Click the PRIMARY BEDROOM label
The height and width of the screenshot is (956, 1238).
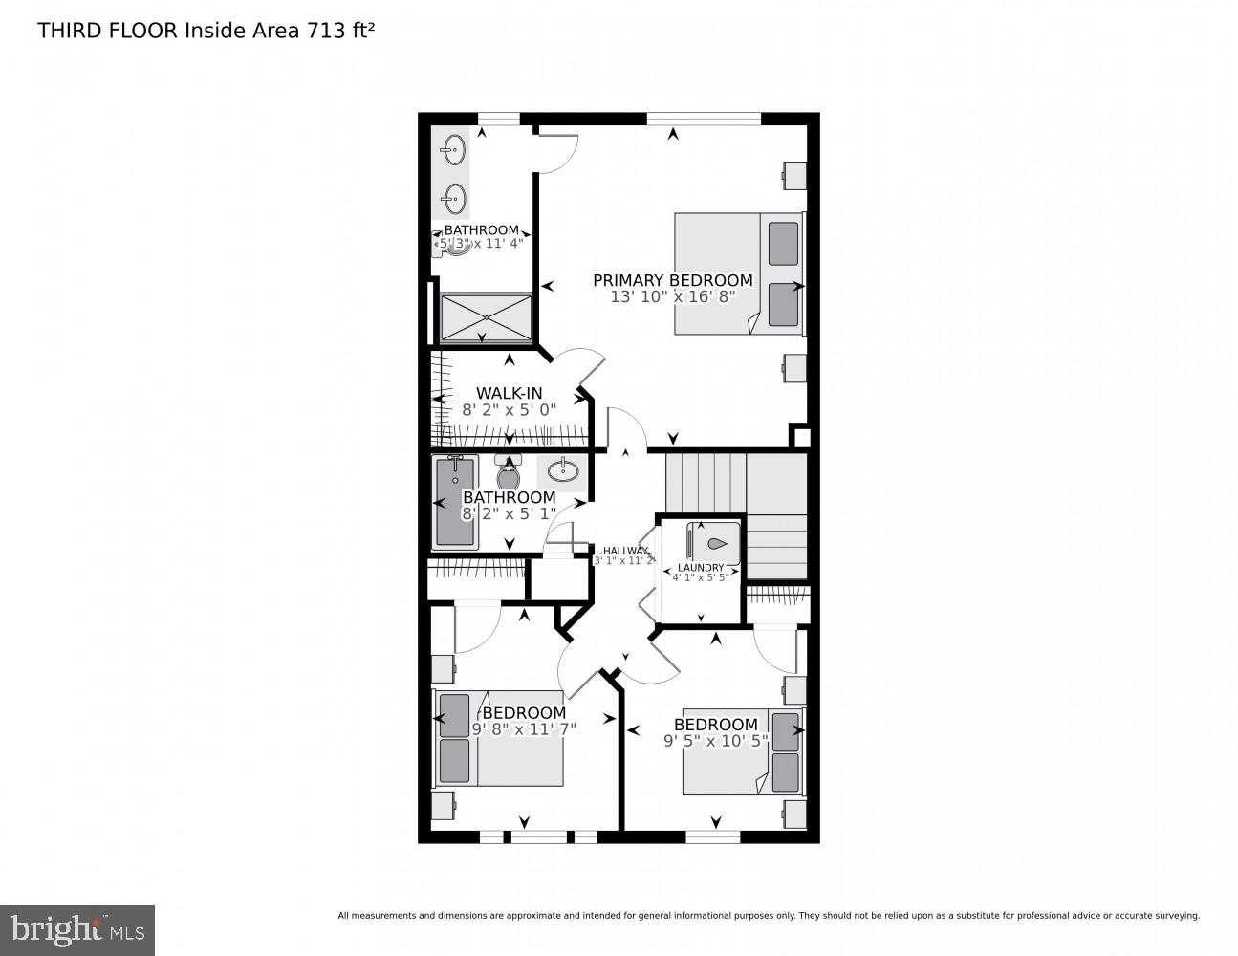[x=672, y=280]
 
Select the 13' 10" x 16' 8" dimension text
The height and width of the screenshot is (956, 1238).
[x=672, y=296]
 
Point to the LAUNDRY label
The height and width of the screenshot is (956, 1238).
[x=701, y=567]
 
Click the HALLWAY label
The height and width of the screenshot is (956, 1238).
[x=624, y=551]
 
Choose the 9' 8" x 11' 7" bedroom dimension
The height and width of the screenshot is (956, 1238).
[x=524, y=729]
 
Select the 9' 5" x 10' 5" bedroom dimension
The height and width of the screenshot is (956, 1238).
[x=715, y=740]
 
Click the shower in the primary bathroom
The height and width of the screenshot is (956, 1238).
[x=486, y=316]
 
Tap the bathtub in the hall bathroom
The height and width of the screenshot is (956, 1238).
[x=455, y=500]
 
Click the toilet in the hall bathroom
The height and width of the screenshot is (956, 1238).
[x=508, y=472]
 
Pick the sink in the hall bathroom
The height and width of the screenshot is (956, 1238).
[x=562, y=469]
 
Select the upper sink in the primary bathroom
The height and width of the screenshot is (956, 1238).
[x=454, y=149]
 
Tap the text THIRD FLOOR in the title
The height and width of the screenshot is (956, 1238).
[x=107, y=31]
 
